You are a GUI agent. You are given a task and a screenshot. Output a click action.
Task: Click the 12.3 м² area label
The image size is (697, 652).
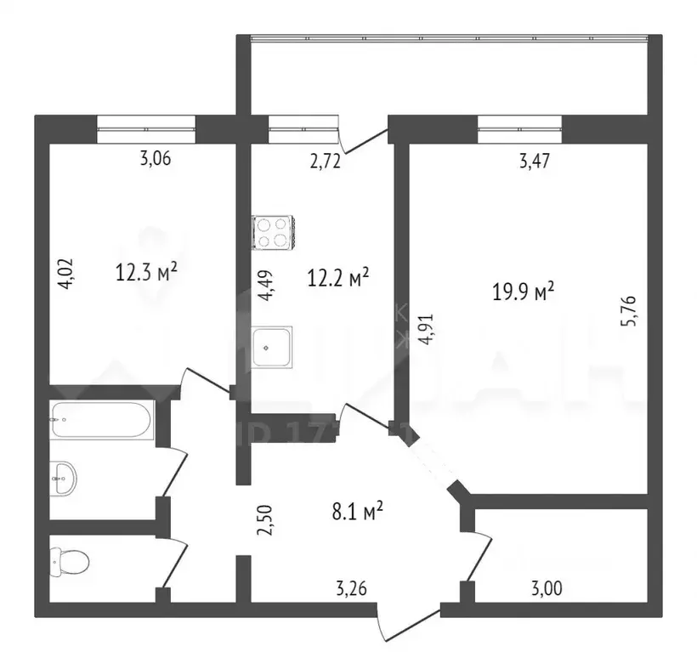(146, 272)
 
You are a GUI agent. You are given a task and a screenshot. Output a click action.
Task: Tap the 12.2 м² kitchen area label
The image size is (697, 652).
(337, 277)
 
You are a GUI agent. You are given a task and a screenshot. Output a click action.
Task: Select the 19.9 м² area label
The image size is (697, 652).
(523, 292)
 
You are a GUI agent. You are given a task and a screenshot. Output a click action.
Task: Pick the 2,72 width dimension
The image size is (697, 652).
(324, 162)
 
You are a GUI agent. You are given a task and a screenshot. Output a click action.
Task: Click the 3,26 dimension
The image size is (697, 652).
(352, 587)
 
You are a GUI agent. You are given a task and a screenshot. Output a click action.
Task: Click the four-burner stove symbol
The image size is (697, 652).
(273, 232)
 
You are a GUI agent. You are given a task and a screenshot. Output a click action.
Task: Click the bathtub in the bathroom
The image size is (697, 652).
(101, 419)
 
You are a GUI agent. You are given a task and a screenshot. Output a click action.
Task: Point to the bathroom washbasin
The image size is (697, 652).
(63, 478)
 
